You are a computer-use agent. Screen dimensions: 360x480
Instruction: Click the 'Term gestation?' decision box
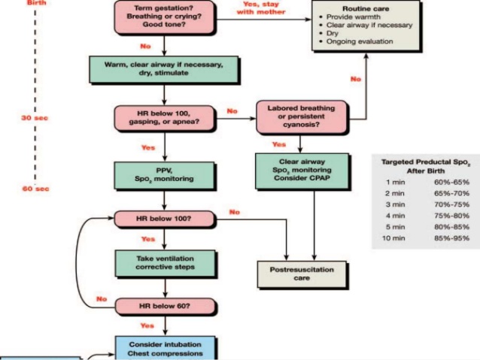click(x=164, y=15)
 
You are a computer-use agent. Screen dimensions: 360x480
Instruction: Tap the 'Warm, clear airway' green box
click(x=164, y=70)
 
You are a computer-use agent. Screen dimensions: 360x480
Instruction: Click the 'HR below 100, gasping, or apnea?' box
click(x=164, y=117)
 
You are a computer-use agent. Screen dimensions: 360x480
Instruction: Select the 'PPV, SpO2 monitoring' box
click(x=164, y=176)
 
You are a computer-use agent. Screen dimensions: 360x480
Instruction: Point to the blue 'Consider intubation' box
click(x=164, y=348)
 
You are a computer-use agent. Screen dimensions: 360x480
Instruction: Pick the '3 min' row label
click(x=396, y=204)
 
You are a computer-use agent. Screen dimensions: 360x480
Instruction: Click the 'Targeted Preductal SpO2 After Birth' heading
click(x=425, y=165)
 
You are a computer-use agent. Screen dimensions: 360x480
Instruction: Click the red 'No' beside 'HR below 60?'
click(x=101, y=298)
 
